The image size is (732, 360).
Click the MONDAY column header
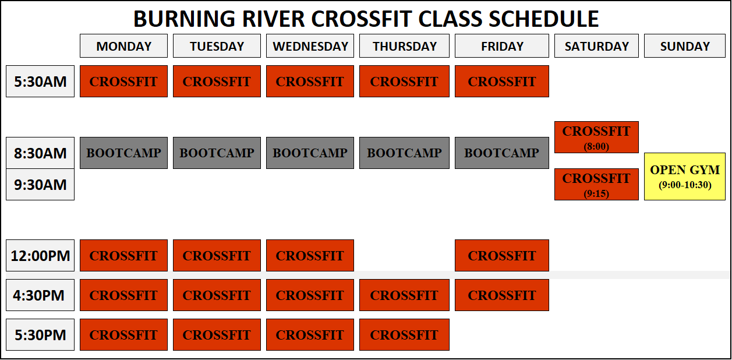123,46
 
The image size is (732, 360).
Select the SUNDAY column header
685,46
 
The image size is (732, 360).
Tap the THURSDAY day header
404,46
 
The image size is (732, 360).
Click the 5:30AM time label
40,81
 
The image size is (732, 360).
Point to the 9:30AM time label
40,185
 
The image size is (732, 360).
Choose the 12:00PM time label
40,255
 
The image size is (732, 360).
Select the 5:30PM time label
40,334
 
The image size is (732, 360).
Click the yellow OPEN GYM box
685,177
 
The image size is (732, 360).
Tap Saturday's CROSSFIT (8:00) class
596,137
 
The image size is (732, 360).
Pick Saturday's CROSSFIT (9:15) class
596,184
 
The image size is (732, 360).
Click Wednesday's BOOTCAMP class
310,153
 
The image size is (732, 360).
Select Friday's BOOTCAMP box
501,153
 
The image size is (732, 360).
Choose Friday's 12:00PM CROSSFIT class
501,255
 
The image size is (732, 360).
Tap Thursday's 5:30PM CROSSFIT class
404,334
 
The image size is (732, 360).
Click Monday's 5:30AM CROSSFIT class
123,81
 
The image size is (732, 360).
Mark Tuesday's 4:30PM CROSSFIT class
217,295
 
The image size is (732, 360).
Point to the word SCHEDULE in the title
543,19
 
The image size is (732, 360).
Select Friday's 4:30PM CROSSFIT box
501,295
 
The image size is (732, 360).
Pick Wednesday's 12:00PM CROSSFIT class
310,255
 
